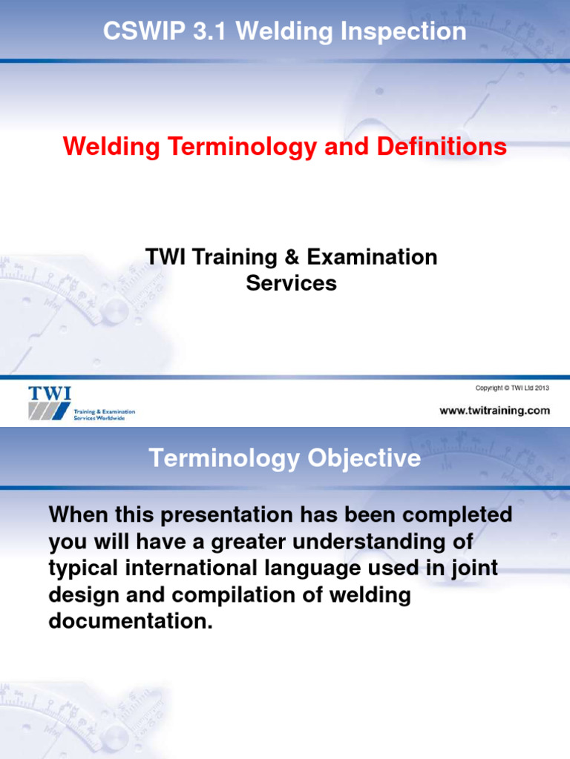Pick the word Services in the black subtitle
(x=291, y=283)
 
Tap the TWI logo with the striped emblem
(x=50, y=402)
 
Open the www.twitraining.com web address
(x=494, y=410)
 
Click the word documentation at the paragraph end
(x=131, y=621)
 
